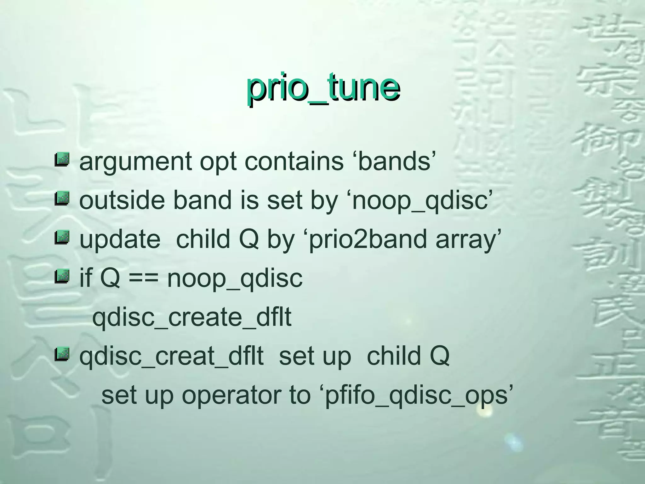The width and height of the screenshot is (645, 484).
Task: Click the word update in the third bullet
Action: [x=120, y=239]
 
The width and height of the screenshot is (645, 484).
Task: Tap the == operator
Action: [x=144, y=279]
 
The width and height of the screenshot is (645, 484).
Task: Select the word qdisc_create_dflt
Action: [x=192, y=318]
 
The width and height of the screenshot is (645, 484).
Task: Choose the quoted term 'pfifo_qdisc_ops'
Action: [x=416, y=396]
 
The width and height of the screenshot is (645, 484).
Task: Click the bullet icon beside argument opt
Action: [x=62, y=159]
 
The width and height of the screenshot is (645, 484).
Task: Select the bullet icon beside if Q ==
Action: [x=62, y=276]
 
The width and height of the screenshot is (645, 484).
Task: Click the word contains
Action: [x=294, y=161]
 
